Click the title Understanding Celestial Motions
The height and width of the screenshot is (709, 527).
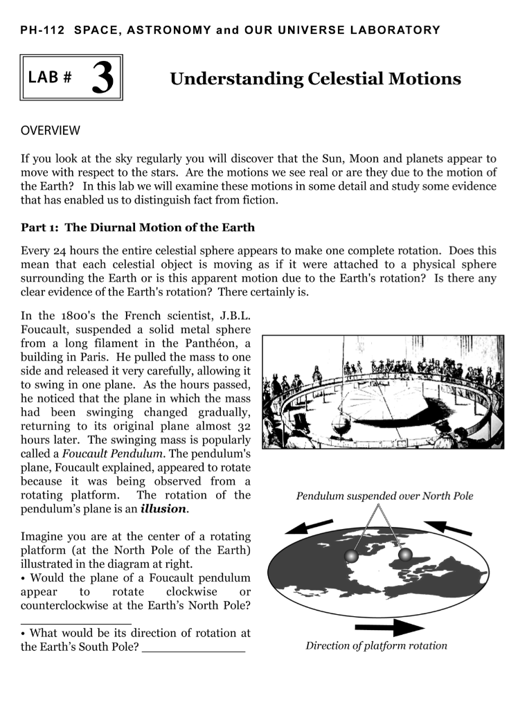pyautogui.click(x=315, y=79)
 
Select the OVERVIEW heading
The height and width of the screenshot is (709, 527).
pyautogui.click(x=51, y=130)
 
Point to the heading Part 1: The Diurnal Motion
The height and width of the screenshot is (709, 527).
pyautogui.click(x=138, y=227)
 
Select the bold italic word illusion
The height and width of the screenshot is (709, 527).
pyautogui.click(x=163, y=509)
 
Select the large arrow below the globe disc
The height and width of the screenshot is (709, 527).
pyautogui.click(x=389, y=628)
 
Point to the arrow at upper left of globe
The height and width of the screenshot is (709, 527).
pyautogui.click(x=309, y=526)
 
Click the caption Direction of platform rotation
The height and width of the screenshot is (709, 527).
pyautogui.click(x=377, y=646)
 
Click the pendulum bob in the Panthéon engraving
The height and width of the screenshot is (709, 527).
pyautogui.click(x=341, y=427)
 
